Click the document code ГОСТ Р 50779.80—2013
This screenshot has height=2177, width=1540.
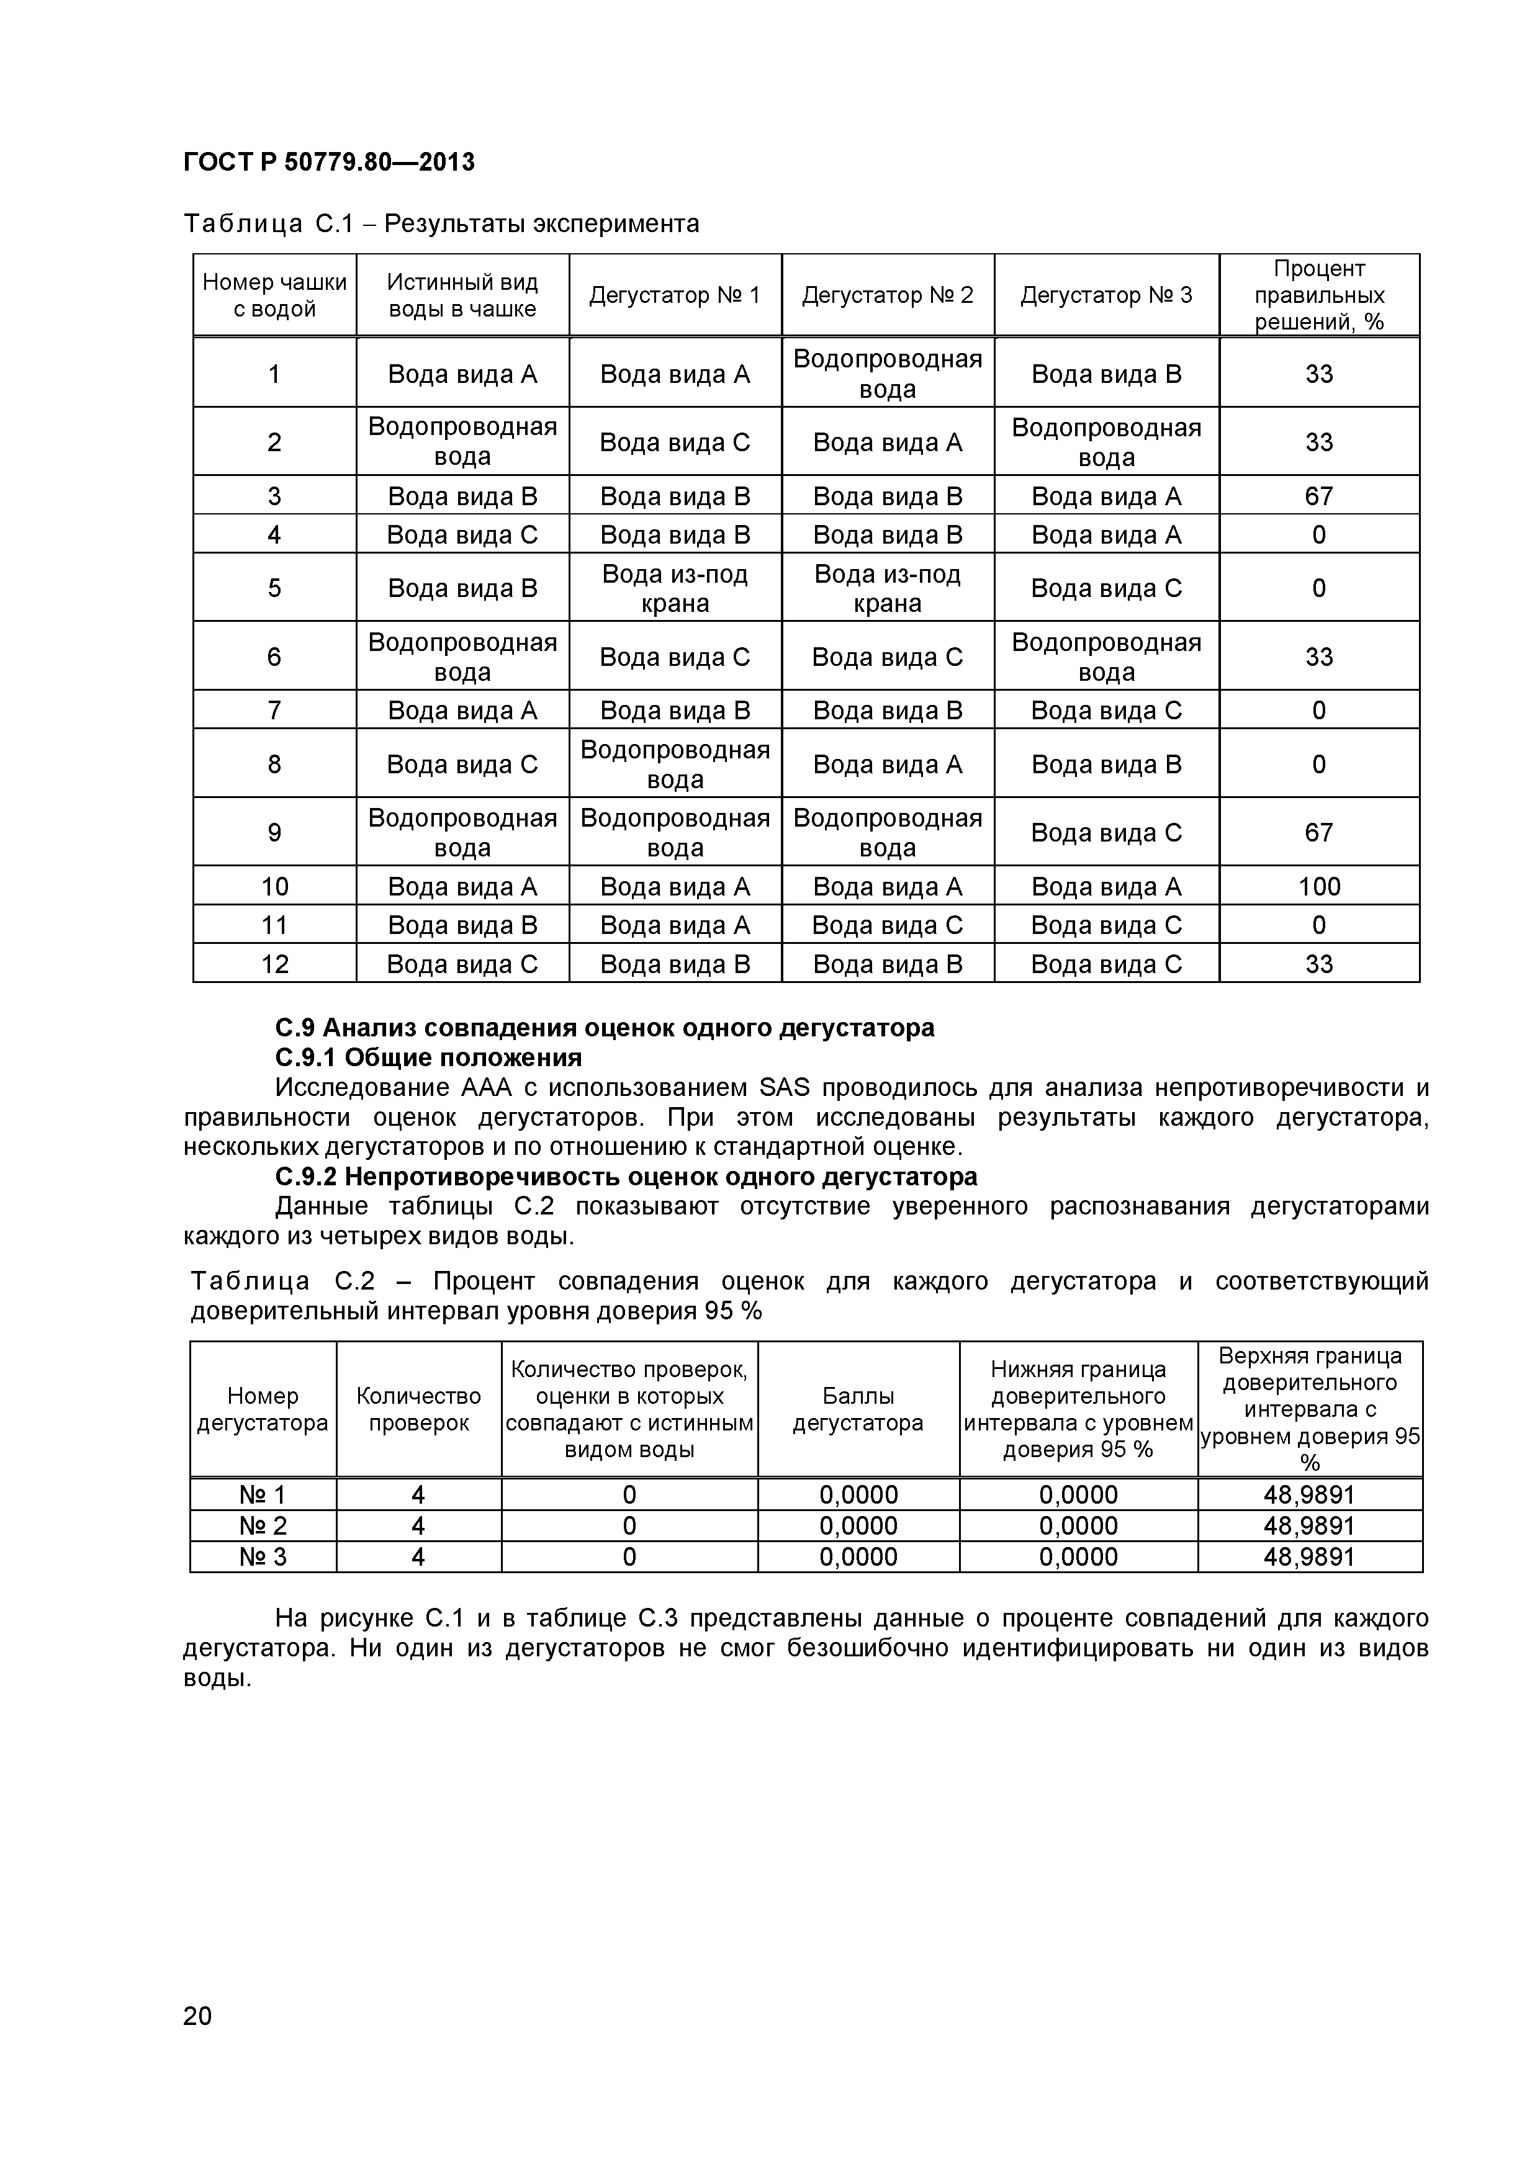[x=328, y=162]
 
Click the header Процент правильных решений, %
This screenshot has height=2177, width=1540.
[x=1318, y=295]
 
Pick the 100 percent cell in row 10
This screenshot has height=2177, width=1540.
[x=1318, y=887]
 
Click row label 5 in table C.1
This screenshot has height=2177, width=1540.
[x=274, y=588]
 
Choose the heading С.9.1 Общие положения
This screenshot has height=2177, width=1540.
[x=428, y=1057]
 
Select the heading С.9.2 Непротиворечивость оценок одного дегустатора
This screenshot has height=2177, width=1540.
[x=626, y=1177]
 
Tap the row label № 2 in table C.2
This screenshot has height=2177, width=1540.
[x=262, y=1525]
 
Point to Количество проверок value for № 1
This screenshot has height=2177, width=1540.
[x=418, y=1495]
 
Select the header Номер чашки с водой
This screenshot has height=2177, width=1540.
[x=274, y=295]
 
